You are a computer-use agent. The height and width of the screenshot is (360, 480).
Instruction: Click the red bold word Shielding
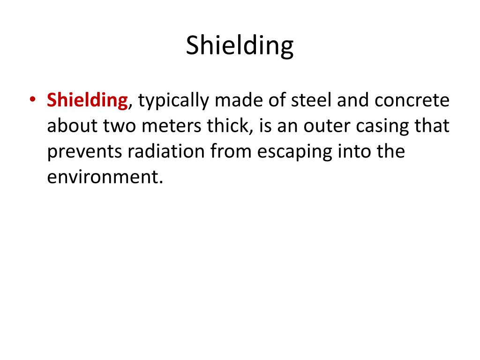[87, 101]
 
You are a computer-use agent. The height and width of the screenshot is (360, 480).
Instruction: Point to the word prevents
[81, 153]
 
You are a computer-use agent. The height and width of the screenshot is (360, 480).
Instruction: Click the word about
[72, 127]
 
